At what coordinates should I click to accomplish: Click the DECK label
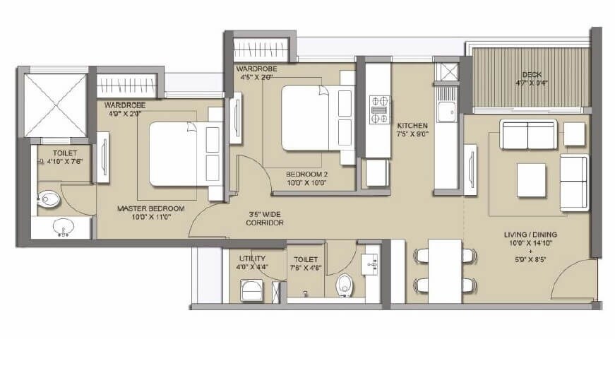pyautogui.click(x=531, y=74)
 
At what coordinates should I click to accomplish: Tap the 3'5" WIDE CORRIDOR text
pyautogui.click(x=265, y=218)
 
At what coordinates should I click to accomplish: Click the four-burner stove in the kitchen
pyautogui.click(x=378, y=110)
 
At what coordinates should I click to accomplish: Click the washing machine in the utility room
pyautogui.click(x=252, y=290)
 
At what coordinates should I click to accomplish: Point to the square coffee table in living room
pyautogui.click(x=531, y=179)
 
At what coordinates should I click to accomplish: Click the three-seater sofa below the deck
pyautogui.click(x=528, y=135)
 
